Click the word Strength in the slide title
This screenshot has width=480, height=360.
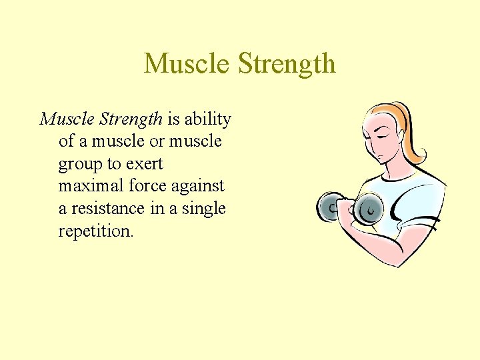(286, 65)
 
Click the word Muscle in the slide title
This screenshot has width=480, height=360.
(187, 65)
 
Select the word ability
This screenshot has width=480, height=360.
(207, 119)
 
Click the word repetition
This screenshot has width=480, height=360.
(96, 231)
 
